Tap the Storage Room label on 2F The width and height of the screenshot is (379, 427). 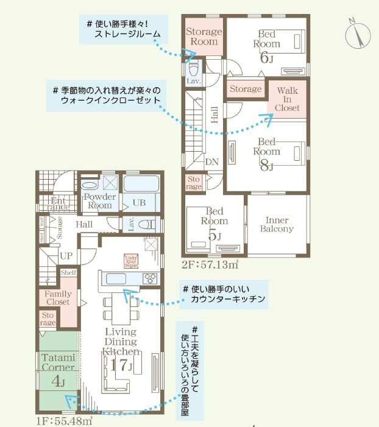204,37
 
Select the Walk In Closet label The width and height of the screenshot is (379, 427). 287,99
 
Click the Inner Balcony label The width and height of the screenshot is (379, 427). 277,224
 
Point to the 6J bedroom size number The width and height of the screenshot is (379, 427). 267,58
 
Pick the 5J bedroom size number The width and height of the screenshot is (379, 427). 216,235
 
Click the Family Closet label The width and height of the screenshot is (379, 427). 58,298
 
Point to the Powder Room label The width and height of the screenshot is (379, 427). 99,201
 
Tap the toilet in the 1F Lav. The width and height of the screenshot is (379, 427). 146,224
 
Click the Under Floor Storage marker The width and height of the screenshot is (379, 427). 130,261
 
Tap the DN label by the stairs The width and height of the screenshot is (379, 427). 211,163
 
